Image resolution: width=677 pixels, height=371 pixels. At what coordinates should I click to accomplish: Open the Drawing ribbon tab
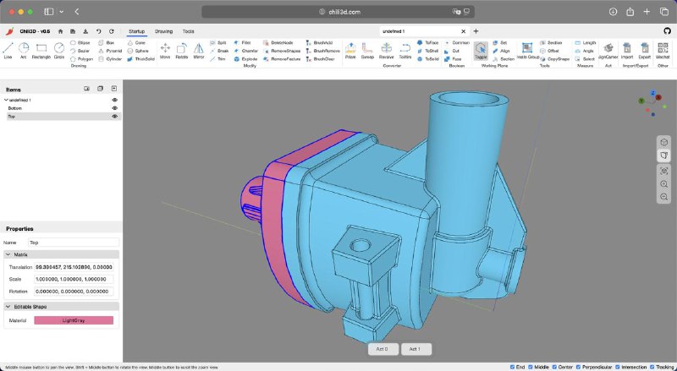(163, 31)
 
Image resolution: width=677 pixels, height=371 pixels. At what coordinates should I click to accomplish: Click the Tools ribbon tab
(188, 31)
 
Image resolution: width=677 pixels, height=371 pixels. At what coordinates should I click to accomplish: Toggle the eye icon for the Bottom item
(114, 108)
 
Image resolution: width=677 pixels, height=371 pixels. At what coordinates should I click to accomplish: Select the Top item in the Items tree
(12, 117)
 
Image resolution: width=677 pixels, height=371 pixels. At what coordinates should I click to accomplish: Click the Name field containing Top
(73, 243)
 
